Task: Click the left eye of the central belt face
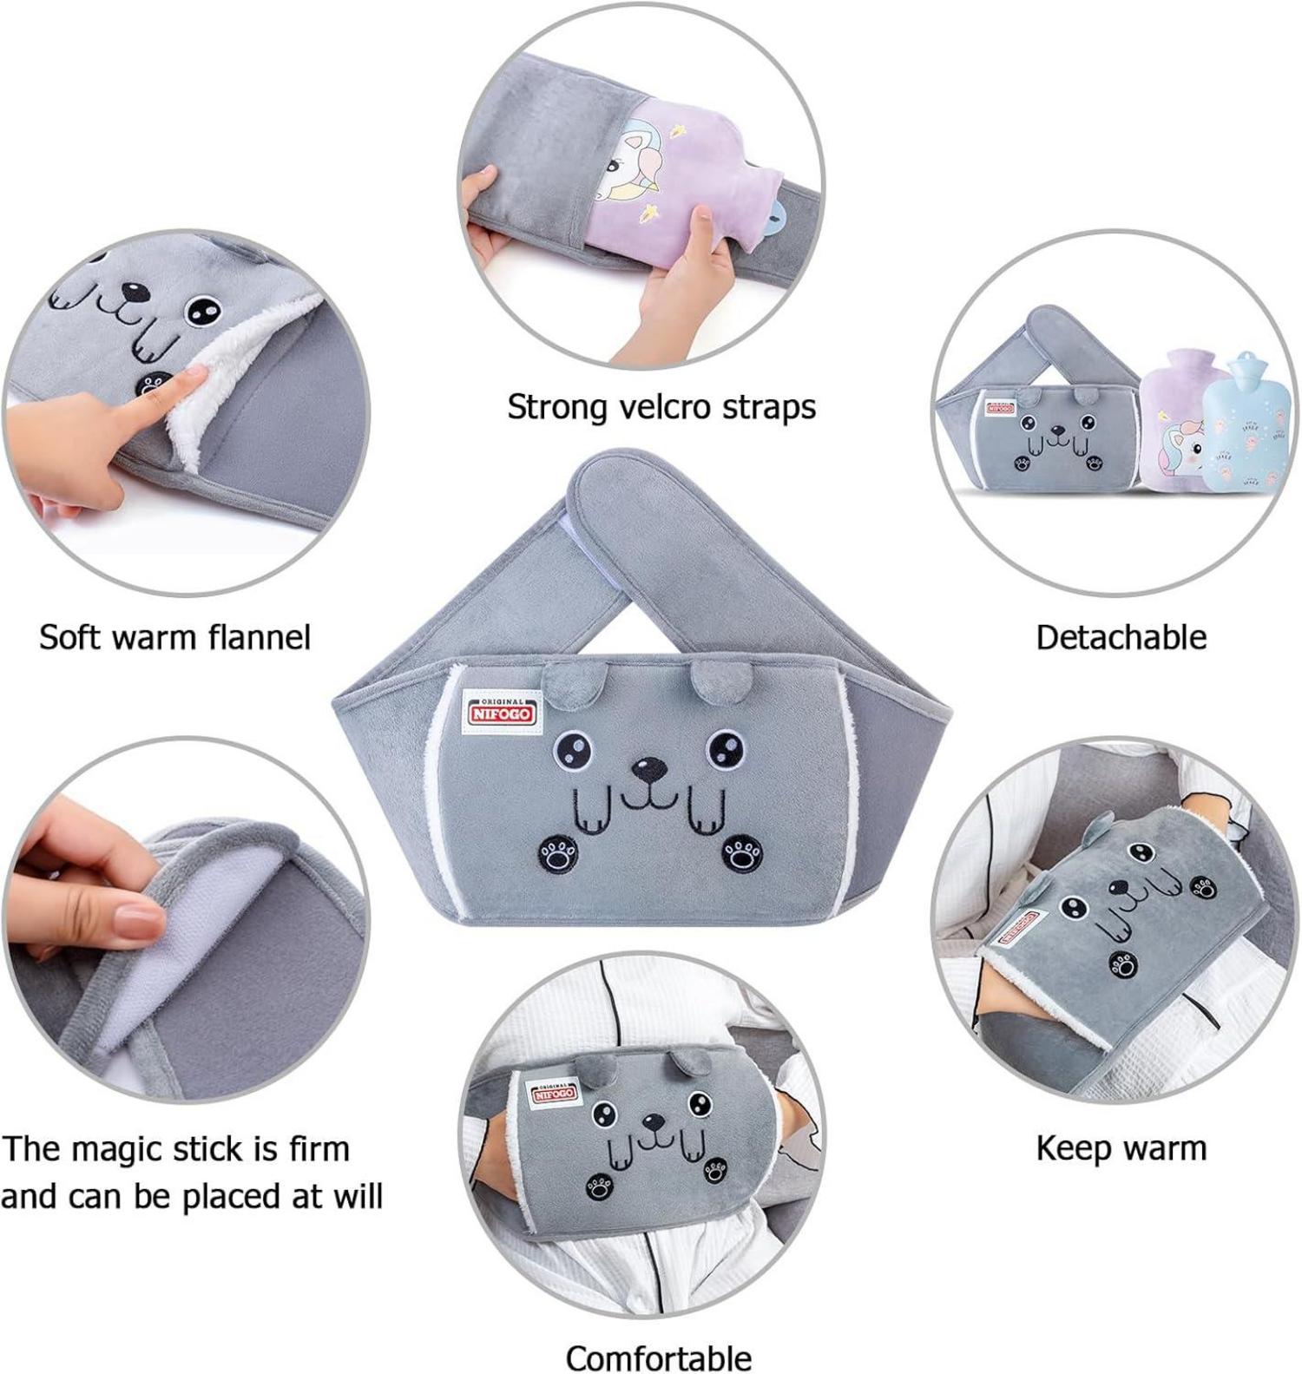572,747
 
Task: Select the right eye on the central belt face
725,747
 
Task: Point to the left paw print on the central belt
559,851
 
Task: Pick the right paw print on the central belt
741,854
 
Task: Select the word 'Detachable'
1121,637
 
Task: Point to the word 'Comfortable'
659,1356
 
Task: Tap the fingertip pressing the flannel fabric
193,376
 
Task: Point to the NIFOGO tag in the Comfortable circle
554,1093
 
